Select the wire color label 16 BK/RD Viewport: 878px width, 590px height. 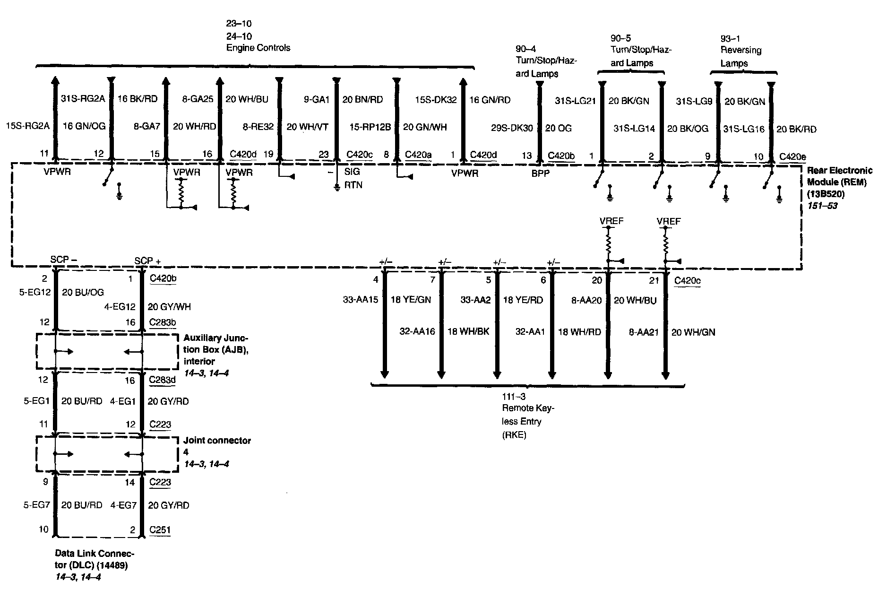137,99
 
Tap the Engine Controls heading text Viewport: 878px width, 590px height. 258,48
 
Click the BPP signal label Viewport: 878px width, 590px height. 541,174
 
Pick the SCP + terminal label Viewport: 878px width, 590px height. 147,260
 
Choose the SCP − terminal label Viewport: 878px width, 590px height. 64,260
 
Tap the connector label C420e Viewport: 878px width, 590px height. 792,157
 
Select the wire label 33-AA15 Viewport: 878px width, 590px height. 360,299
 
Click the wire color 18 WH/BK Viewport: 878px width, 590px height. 468,331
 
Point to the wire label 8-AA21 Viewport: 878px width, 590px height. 644,332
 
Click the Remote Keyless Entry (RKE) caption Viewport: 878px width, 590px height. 527,421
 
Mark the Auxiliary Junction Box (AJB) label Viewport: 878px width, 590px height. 215,349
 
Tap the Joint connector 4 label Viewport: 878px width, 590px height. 217,446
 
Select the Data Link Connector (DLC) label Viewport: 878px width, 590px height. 95,559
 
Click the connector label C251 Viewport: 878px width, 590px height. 160,530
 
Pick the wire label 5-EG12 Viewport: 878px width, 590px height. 34,293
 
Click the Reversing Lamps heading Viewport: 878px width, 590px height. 740,56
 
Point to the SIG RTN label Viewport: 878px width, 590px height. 353,179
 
